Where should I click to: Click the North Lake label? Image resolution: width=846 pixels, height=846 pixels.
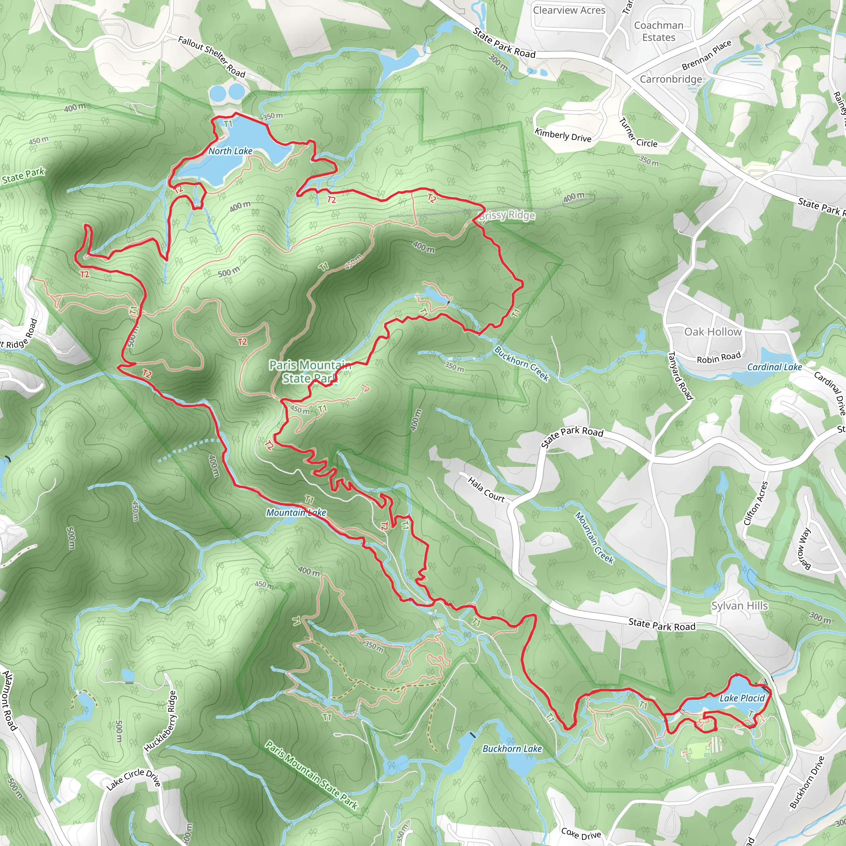(x=231, y=151)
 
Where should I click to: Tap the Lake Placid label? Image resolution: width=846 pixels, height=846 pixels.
(x=742, y=698)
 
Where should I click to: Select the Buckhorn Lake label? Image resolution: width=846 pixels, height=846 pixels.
(x=512, y=749)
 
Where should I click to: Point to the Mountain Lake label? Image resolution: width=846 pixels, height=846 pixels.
(x=296, y=512)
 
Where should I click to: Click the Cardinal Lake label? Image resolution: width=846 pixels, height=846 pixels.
(x=774, y=367)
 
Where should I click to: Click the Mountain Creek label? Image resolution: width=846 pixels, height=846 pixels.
(x=594, y=537)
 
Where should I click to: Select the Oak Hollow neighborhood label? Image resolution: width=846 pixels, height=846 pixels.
(x=713, y=332)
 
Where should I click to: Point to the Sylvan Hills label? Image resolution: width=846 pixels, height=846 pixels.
(x=739, y=606)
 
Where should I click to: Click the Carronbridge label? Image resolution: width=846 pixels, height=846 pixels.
(x=671, y=79)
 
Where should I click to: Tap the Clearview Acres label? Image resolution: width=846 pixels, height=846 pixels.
(x=569, y=10)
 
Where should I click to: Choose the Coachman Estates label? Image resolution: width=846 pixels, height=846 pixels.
(x=658, y=31)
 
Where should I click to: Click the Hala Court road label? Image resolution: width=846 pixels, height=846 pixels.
(x=486, y=490)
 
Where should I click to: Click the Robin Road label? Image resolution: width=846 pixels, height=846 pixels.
(x=719, y=358)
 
